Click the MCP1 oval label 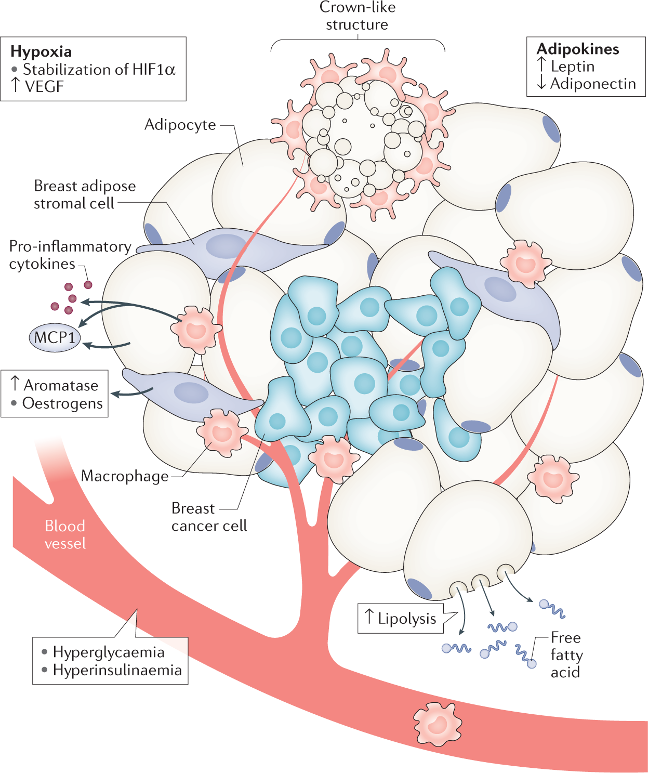[55, 337]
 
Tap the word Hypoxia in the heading [41, 51]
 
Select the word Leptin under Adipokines [572, 67]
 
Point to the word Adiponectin [592, 84]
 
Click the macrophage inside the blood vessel [437, 724]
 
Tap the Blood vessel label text [65, 534]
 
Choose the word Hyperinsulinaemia [117, 670]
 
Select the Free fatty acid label [566, 655]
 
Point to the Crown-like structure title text [357, 16]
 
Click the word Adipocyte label [180, 125]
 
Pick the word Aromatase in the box [61, 386]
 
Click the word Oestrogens [62, 403]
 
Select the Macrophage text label [125, 476]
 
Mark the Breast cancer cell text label [208, 517]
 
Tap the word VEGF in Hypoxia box [44, 87]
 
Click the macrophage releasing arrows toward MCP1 [196, 329]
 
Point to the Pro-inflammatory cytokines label [70, 255]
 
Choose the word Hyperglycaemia [108, 652]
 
